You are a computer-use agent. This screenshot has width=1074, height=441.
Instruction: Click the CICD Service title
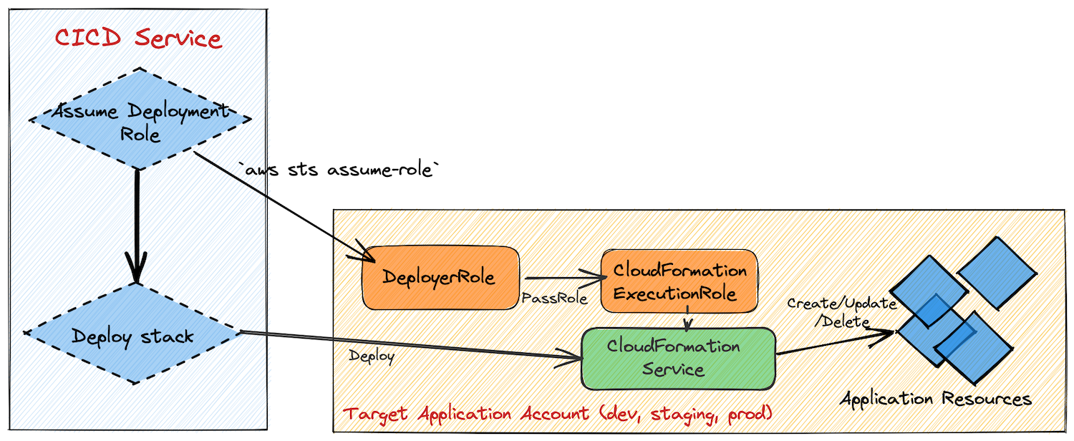(138, 38)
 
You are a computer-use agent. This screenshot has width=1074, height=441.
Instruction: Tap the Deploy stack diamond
(133, 335)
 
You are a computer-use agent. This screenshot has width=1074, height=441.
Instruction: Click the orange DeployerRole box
(440, 278)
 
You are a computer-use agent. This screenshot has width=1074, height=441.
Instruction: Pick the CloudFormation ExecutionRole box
(678, 282)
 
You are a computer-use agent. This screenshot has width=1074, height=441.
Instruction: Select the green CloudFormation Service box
(677, 358)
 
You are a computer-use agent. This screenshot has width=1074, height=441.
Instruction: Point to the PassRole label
(555, 299)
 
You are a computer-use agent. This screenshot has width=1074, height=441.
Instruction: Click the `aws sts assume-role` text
(338, 170)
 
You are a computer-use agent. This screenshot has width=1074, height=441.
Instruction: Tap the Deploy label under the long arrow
(372, 356)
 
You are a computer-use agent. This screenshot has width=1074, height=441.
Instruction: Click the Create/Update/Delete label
(831, 312)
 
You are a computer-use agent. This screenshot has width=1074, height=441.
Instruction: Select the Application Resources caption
(936, 399)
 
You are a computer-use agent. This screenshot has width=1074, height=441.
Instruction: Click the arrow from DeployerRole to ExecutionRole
(562, 278)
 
